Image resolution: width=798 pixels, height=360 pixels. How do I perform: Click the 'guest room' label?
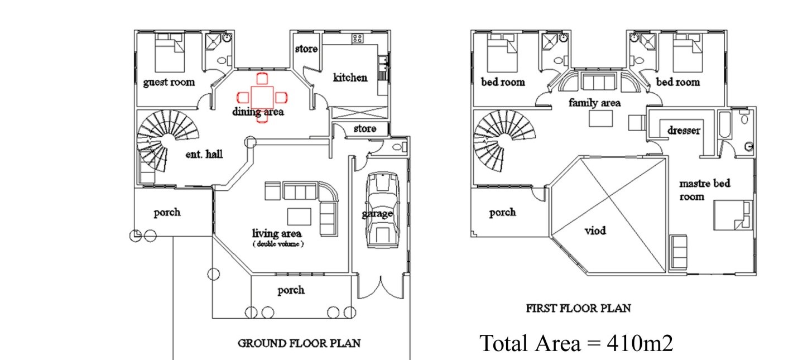(169, 83)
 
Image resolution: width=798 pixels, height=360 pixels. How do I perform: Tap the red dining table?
(262, 97)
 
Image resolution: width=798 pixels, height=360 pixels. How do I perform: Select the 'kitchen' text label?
(350, 78)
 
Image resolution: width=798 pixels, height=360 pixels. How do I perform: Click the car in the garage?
(382, 210)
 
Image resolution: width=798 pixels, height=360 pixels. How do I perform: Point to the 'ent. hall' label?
(204, 154)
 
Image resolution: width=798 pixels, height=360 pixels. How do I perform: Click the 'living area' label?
(277, 233)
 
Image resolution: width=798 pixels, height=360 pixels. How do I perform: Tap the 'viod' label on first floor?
(595, 231)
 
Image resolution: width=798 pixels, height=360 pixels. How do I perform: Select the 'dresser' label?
(684, 131)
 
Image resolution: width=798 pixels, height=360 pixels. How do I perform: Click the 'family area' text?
(594, 103)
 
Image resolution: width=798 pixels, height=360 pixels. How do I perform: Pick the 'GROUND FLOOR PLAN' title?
(299, 343)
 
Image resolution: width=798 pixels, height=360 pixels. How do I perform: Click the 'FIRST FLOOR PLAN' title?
(579, 308)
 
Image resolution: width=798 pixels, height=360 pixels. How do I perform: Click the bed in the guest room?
(170, 53)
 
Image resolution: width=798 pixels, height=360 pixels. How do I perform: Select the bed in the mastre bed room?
(733, 215)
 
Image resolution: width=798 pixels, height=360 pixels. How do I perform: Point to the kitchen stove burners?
(358, 39)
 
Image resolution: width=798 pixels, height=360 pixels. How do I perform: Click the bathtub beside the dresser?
(725, 125)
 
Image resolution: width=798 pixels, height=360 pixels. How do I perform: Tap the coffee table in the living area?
(299, 217)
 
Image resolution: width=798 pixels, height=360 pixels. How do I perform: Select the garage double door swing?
(381, 287)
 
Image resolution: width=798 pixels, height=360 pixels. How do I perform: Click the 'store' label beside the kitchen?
(306, 49)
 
